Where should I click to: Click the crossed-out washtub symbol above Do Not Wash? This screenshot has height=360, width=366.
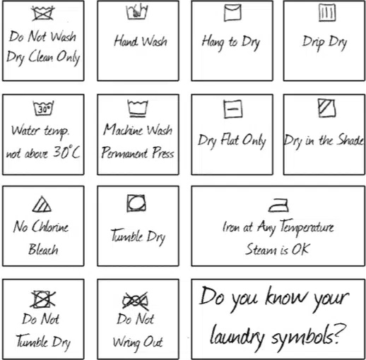43,13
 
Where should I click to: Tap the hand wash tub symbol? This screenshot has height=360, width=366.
137,11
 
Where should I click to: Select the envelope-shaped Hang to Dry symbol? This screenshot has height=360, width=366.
232,13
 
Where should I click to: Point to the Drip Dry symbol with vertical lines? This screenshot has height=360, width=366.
327,13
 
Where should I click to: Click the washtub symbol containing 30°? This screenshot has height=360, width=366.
43,108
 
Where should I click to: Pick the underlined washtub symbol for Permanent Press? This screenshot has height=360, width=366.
138,108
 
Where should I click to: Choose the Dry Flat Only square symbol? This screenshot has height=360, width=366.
232,109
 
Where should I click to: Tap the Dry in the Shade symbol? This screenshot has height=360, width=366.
326,108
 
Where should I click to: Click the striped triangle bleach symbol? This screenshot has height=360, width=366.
42,204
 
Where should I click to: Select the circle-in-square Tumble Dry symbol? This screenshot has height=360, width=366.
136,203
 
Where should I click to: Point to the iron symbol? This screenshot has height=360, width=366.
278,205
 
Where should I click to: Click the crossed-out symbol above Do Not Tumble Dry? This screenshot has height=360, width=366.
43,299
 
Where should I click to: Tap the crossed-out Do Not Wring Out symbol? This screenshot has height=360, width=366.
136,301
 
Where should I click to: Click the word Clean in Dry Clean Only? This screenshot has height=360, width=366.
41,56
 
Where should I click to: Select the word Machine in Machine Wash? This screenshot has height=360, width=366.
123,130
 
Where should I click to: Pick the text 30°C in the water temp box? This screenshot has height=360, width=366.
66,152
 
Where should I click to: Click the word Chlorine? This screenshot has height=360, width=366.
50,227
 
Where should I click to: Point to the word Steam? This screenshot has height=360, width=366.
261,249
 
